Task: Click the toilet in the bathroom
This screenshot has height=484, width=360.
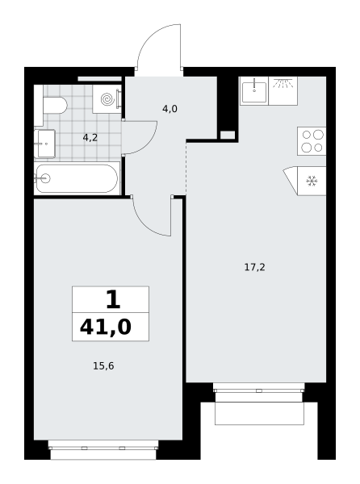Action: coord(55,105)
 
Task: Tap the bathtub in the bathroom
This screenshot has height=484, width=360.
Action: coord(77,178)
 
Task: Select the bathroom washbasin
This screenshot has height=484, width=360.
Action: coord(44,144)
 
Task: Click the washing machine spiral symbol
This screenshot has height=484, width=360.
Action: coord(107,99)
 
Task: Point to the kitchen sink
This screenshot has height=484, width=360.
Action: coord(254,91)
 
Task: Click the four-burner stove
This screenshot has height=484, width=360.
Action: coord(312,140)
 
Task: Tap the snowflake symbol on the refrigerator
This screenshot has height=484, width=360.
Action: coord(312,181)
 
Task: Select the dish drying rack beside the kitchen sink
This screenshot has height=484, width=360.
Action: coord(283,91)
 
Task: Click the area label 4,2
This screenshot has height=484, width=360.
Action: coord(90,138)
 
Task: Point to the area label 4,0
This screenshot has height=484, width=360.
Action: coord(170,109)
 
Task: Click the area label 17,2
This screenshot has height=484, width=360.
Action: coord(255,267)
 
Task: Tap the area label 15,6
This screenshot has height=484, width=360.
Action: coord(103,365)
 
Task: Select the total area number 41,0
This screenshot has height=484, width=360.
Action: coord(106,327)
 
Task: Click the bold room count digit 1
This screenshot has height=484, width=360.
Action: coord(113,300)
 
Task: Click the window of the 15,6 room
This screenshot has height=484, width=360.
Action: coord(103,448)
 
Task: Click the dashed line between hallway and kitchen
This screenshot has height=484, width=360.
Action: coord(186,169)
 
